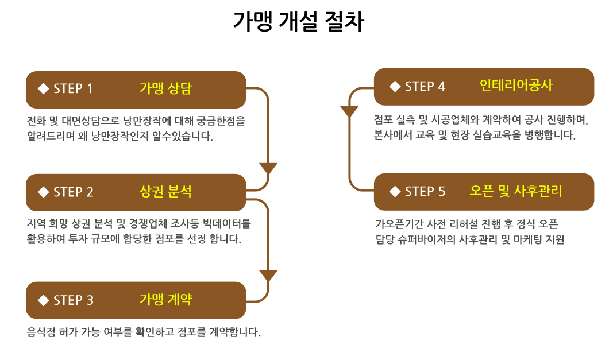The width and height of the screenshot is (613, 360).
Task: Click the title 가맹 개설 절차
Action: [298, 21]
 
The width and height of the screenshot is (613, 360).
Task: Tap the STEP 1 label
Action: [73, 89]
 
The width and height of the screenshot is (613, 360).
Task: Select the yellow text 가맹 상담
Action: [166, 88]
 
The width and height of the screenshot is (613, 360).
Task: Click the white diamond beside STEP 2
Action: [43, 192]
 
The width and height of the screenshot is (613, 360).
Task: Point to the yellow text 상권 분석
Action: [166, 192]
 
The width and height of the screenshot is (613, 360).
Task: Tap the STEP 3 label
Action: [74, 300]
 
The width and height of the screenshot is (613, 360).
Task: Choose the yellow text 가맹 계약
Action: [166, 299]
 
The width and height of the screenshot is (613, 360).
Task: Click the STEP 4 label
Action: [425, 86]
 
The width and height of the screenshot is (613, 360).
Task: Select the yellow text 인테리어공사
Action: [516, 86]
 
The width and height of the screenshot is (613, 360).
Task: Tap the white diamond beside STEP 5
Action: [395, 191]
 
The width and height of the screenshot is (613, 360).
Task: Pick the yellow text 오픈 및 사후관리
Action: [516, 191]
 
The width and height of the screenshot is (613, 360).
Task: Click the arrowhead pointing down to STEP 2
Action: [268, 169]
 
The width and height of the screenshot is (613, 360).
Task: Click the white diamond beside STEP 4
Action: [395, 86]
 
